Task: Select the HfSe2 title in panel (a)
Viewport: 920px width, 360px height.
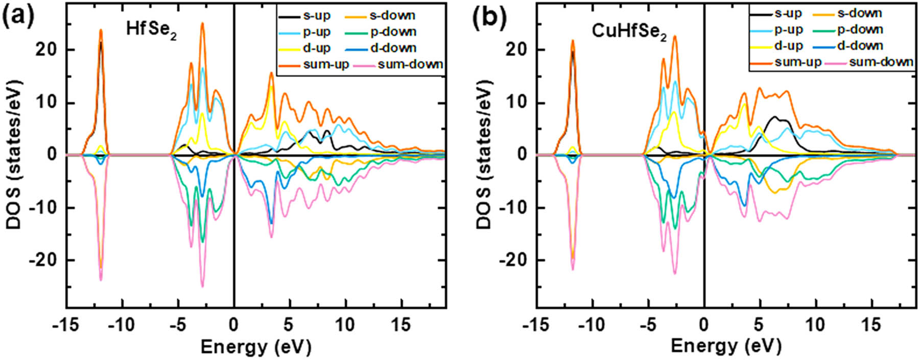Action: (x=151, y=30)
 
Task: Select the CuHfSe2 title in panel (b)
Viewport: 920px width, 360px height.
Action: (x=629, y=32)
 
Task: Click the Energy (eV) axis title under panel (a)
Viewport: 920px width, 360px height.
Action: (x=255, y=347)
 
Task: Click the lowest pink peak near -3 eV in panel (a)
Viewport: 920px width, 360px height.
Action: (x=202, y=286)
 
